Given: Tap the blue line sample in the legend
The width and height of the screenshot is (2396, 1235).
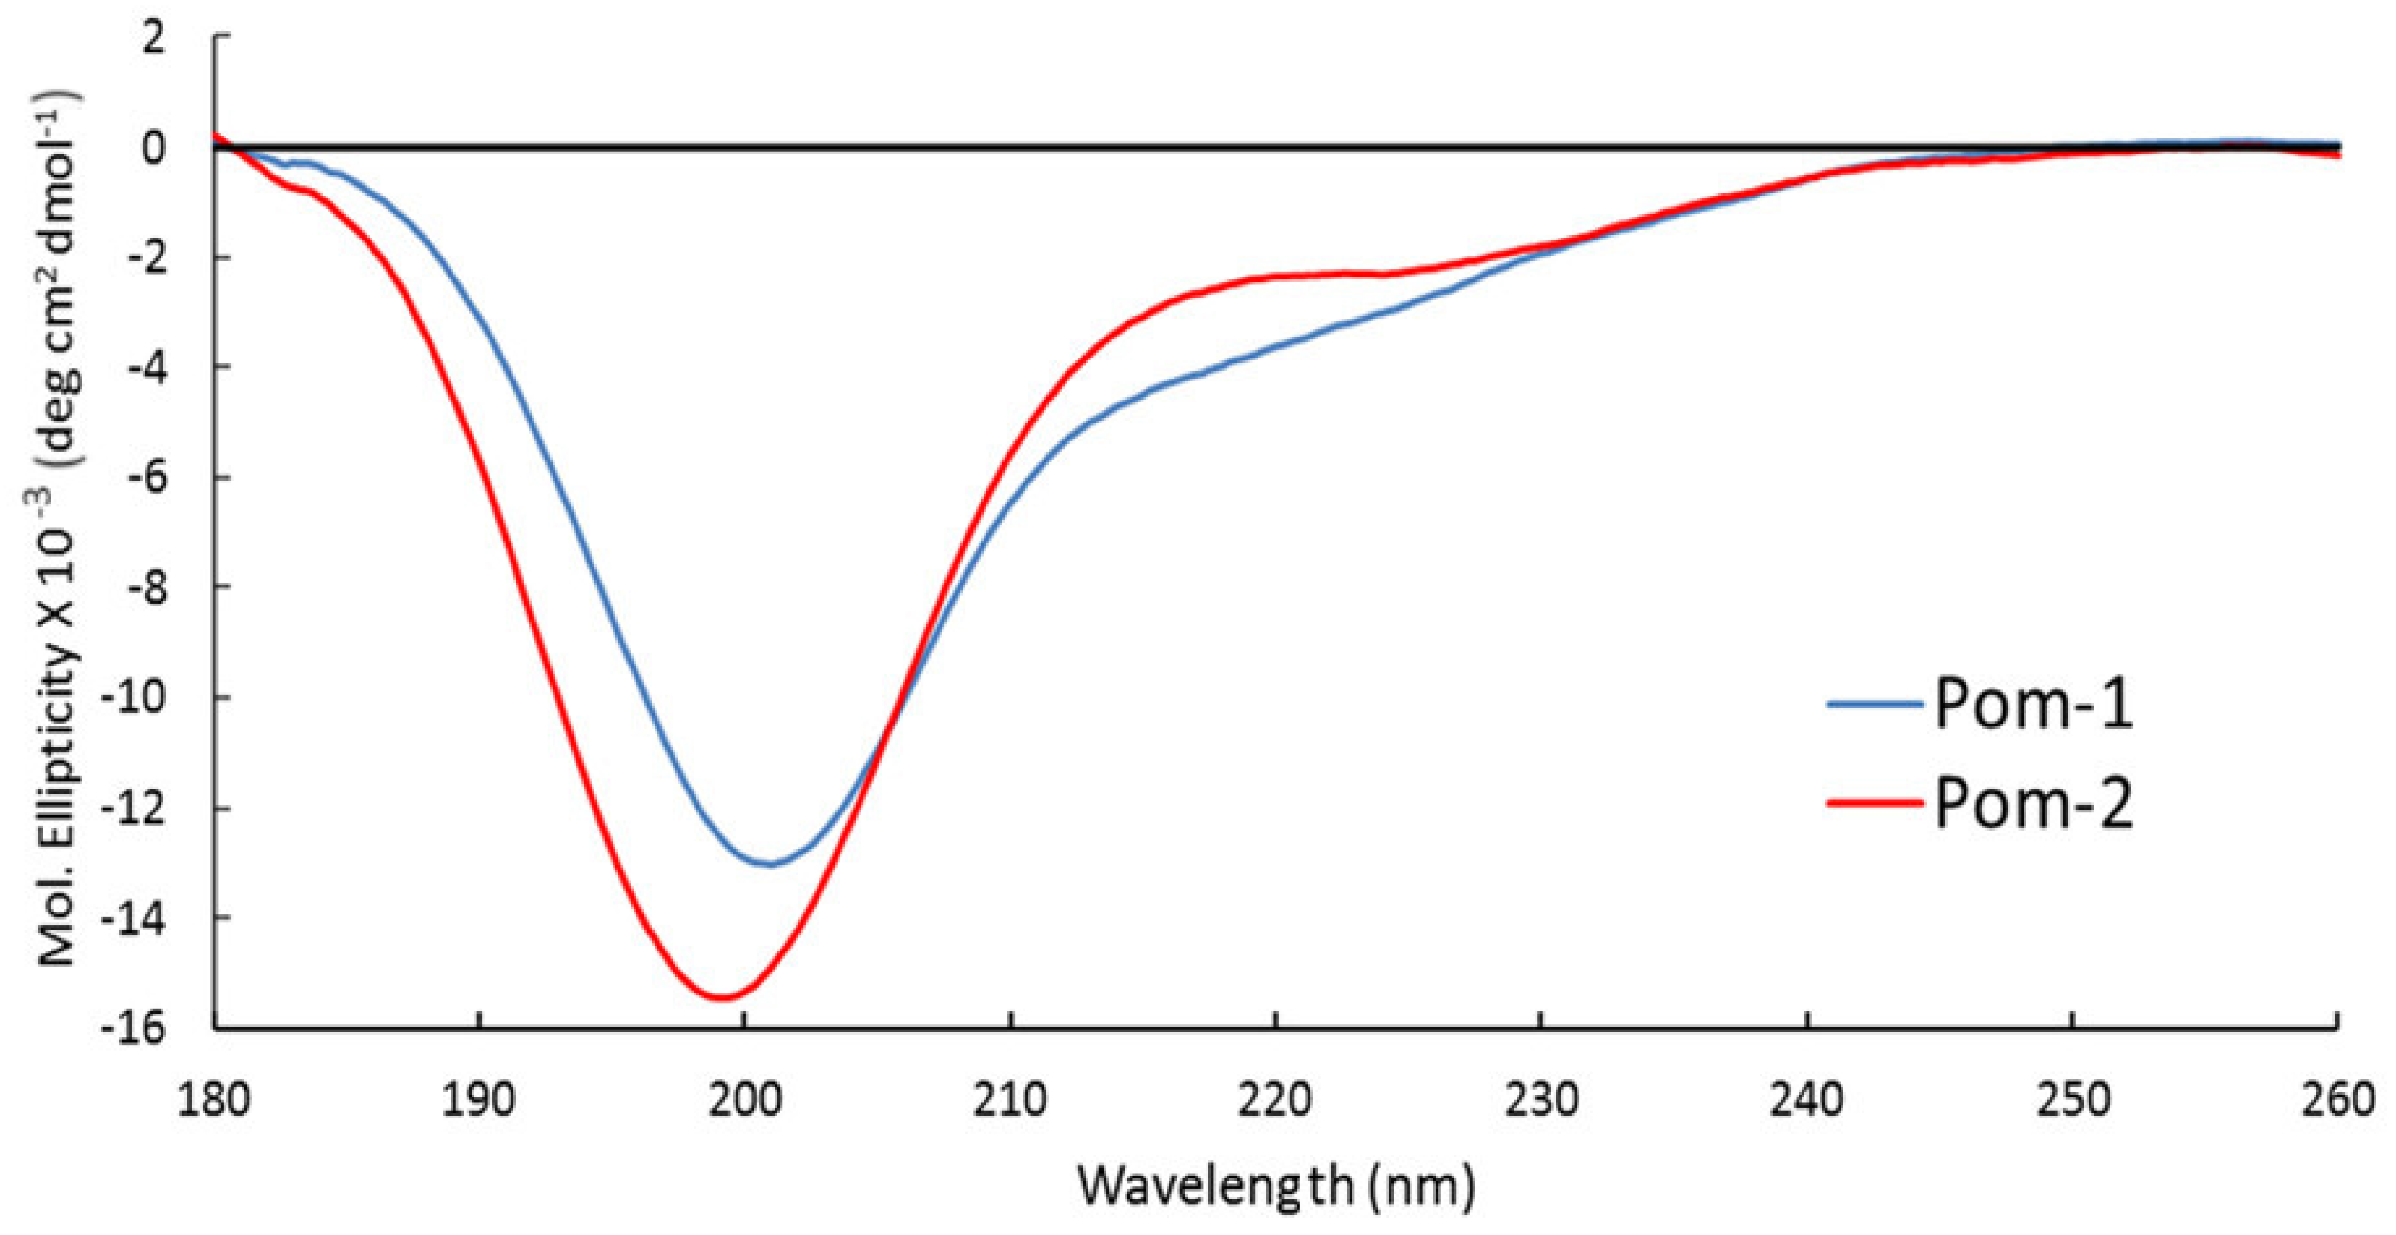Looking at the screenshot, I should pyautogui.click(x=1874, y=705).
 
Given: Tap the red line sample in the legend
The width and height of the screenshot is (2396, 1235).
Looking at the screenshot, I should pyautogui.click(x=1874, y=802).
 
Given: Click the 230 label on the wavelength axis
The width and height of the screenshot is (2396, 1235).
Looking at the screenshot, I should pyautogui.click(x=1541, y=1100).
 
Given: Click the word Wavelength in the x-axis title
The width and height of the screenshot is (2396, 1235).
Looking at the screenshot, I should pyautogui.click(x=1217, y=1185).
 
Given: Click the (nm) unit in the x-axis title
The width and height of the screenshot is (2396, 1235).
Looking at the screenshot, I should pyautogui.click(x=1422, y=1185).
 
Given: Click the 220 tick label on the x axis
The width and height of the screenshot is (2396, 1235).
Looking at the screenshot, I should pyautogui.click(x=1276, y=1100).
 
